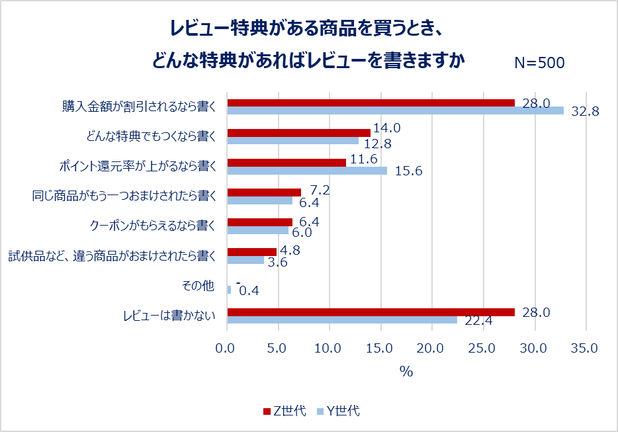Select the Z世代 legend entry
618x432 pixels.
coord(285,411)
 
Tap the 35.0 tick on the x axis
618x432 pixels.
coord(586,347)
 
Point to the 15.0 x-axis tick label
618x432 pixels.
coord(380,347)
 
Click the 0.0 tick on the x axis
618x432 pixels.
coord(227,347)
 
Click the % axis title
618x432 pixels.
coord(406,371)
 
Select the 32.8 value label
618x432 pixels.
coord(585,111)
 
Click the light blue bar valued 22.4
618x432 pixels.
coord(342,320)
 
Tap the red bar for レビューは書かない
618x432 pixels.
coord(371,312)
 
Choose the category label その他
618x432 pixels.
coord(199,286)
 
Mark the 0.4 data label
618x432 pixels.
coord(249,290)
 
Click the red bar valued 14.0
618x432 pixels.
coord(298,132)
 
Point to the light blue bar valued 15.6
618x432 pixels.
coord(307,171)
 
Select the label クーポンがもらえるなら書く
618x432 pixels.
coord(153,225)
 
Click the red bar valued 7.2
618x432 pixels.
coord(264,193)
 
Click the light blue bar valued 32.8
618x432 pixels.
coord(395,110)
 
